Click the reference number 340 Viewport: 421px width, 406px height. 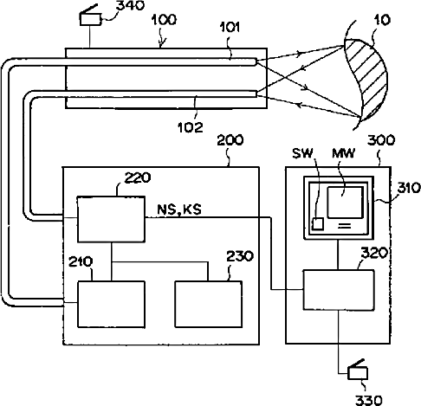(130, 5)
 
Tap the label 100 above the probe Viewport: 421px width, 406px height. (164, 20)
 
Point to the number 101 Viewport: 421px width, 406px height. (230, 28)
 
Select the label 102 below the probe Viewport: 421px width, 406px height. (191, 127)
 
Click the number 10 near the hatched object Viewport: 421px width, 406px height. (382, 20)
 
